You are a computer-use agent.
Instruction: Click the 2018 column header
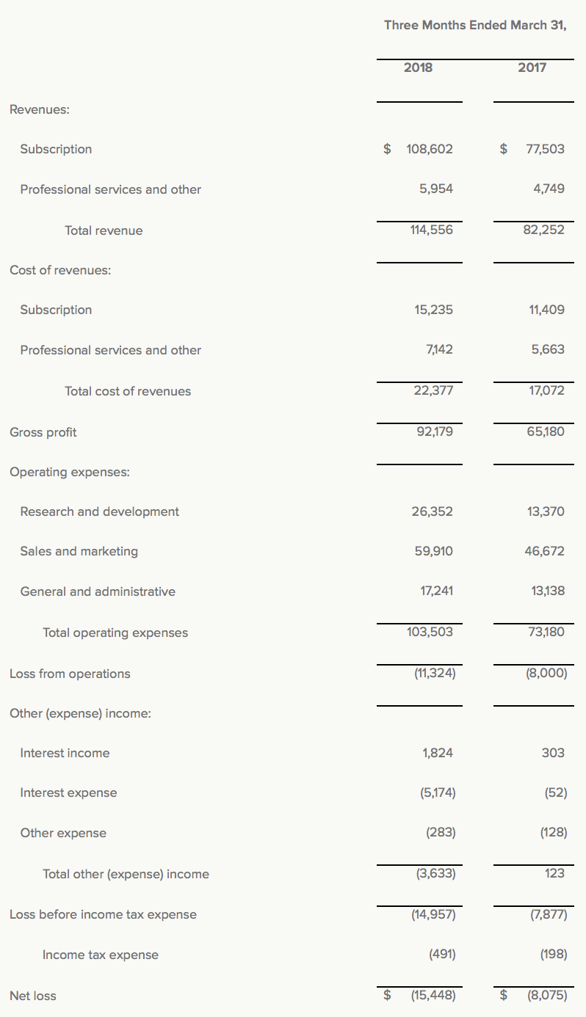coord(418,68)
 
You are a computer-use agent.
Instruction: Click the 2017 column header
coord(532,68)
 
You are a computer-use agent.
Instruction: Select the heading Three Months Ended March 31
coord(475,25)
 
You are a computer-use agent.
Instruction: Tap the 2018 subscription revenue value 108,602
coord(429,149)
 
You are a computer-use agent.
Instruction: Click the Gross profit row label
coord(43,432)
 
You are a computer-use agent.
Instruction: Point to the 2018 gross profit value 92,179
coord(434,431)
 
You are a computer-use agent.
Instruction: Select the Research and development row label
coord(99,511)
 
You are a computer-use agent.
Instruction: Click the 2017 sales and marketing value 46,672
coord(544,551)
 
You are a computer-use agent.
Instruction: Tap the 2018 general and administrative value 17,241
coord(436,591)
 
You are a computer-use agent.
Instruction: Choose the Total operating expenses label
coord(115,633)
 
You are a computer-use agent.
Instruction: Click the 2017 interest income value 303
coord(553,753)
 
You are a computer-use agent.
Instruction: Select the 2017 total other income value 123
coord(555,873)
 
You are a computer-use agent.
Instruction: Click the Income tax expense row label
coord(101,955)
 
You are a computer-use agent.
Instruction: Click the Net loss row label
coord(33,996)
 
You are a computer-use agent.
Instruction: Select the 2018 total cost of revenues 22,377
coord(433,390)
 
